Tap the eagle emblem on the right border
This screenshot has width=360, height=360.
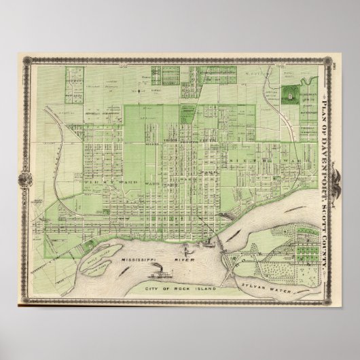333,178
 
